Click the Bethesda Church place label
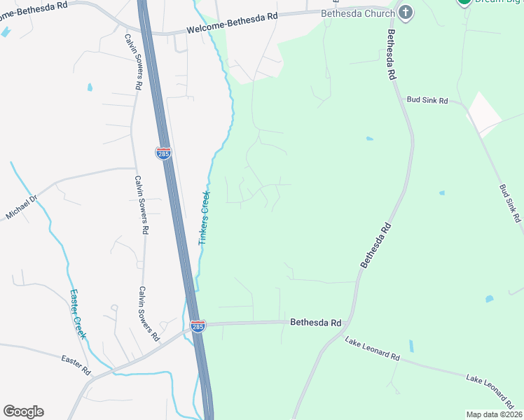(357, 13)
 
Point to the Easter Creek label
(78, 314)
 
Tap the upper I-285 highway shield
(163, 153)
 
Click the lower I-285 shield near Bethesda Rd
(198, 326)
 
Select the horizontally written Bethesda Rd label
(315, 323)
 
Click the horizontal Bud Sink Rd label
(427, 100)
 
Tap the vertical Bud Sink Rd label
(510, 204)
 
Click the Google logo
(23, 412)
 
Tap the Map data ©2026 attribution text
(494, 414)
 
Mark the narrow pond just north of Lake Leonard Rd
(411, 346)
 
